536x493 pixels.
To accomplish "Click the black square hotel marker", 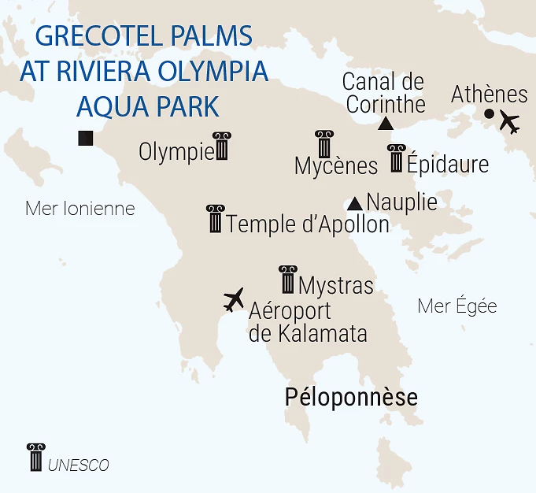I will coord(86,138).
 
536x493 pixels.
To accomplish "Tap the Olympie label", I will coord(176,151).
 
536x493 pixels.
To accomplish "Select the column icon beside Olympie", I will coord(221,146).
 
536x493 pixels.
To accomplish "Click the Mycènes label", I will coord(336,166).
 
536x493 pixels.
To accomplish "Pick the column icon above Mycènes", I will coord(323,144).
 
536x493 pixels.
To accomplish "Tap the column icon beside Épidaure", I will coord(396,158).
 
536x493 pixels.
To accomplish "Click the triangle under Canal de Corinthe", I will coord(386,124).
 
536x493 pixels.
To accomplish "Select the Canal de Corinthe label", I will coord(385,92).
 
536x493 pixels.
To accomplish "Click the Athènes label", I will coord(489,95).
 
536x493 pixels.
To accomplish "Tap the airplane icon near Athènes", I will coord(510,123).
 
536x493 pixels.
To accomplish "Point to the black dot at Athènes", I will coord(489,114).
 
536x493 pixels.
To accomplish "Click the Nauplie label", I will coord(401,202).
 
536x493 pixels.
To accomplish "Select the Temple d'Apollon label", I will coord(308,224).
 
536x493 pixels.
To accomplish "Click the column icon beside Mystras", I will coord(287,280).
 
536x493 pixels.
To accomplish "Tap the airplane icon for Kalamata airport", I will coord(234,298).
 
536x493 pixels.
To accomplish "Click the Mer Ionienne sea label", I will coord(80,209).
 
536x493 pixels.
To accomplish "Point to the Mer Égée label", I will coord(457,306).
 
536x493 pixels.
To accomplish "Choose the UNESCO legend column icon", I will coord(35,457).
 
